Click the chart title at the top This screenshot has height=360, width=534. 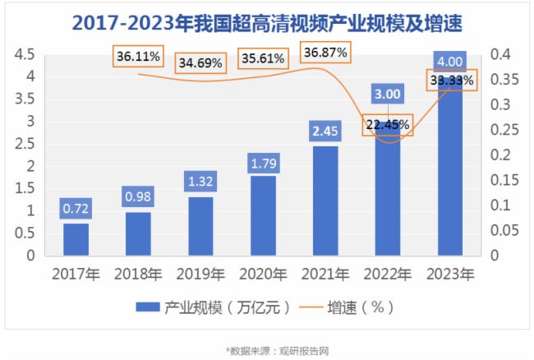[x=267, y=22]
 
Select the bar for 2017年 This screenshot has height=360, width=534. [x=76, y=239]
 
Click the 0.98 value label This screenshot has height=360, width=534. [x=138, y=198]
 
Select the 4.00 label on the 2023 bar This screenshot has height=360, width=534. [x=450, y=62]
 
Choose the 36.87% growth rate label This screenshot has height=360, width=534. [x=326, y=53]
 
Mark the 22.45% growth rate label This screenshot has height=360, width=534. [x=388, y=125]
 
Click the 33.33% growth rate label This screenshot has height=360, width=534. [x=450, y=81]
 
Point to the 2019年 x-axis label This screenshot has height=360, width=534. [x=200, y=274]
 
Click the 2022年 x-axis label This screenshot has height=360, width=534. [x=388, y=274]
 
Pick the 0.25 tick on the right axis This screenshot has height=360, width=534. [x=506, y=130]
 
